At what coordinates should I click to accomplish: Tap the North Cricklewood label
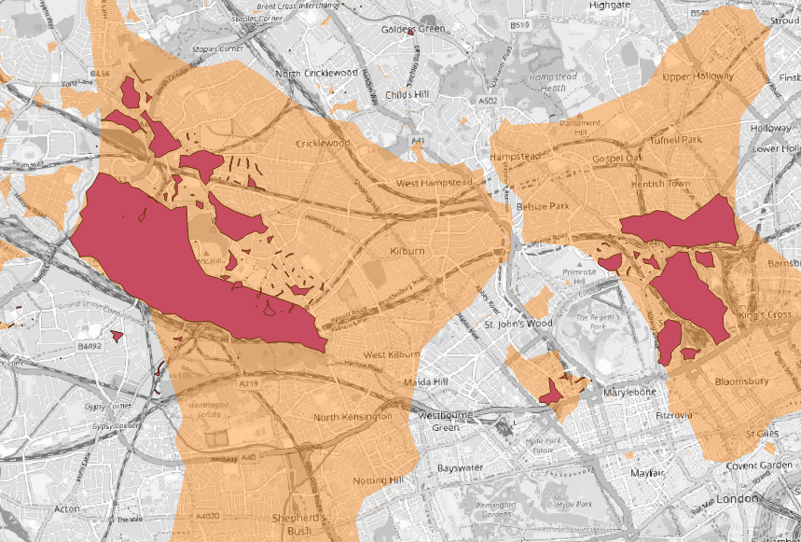pyautogui.click(x=317, y=73)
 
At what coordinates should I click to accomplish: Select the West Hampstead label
pyautogui.click(x=435, y=183)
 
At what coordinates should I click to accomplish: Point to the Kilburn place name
pyautogui.click(x=408, y=252)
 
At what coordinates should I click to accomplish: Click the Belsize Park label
pyautogui.click(x=546, y=205)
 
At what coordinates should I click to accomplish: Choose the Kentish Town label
pyautogui.click(x=661, y=183)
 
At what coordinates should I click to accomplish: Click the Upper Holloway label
pyautogui.click(x=697, y=77)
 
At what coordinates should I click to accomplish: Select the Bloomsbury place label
pyautogui.click(x=741, y=382)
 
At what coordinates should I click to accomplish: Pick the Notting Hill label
pyautogui.click(x=378, y=479)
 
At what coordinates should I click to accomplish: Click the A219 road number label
pyautogui.click(x=248, y=383)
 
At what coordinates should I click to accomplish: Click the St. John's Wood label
pyautogui.click(x=517, y=324)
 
